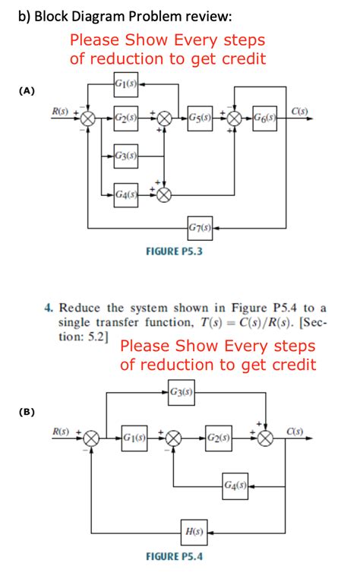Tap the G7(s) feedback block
coord(200,227)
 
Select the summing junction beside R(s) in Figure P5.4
coord(91,438)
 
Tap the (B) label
coord(27,411)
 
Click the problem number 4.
coord(47,308)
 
